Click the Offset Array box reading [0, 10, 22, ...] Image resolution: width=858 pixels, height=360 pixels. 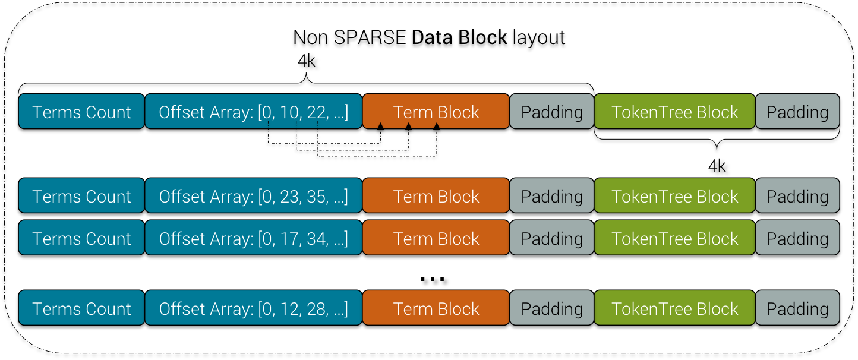point(253,112)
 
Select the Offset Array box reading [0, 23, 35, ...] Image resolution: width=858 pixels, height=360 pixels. point(253,196)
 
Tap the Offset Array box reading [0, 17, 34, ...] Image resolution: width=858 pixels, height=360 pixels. point(253,238)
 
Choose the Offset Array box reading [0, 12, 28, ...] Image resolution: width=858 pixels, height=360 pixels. point(253,308)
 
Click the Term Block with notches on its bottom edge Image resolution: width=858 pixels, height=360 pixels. point(436,112)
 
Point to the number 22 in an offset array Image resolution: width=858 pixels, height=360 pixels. point(316,112)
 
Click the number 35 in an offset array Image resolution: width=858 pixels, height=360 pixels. point(317,197)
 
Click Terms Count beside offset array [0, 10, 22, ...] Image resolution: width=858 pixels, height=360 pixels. point(81,112)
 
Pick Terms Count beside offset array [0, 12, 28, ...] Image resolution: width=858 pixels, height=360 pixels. point(81,308)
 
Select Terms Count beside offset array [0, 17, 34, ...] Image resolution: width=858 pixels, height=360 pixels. point(81,238)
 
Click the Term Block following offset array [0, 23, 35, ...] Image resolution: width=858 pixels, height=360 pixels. point(436,196)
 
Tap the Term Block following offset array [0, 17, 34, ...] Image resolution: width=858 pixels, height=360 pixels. point(436,238)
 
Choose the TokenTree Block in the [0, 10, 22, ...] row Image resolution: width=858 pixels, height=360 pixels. point(674,112)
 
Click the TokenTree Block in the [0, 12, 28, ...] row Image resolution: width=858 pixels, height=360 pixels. point(674,308)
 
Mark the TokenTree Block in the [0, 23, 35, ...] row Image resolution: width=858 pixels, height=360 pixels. point(674,196)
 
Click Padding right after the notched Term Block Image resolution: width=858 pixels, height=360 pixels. point(551,112)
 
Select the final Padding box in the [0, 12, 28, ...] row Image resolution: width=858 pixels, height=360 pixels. point(797,308)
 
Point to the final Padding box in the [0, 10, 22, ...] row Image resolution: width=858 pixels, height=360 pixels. point(797,112)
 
